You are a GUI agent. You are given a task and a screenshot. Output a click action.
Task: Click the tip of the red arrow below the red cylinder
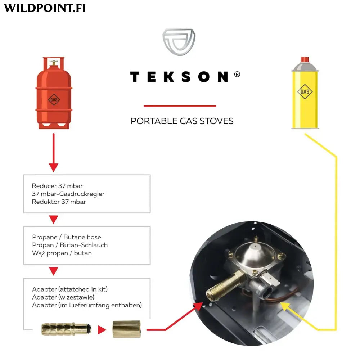pos(54,172)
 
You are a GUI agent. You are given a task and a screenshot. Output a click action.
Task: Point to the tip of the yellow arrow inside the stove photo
pos(280,303)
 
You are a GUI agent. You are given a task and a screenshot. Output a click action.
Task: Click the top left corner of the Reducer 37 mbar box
pos(24,175)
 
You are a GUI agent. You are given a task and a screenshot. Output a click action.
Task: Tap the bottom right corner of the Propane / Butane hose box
pos(150,265)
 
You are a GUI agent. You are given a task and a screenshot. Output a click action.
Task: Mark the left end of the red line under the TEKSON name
pos(144,106)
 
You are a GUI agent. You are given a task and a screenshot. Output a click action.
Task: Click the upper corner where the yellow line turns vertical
pos(336,157)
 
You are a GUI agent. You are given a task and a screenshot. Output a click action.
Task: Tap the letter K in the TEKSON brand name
pos(169,77)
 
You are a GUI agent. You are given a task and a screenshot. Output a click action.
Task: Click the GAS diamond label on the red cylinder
pos(54,100)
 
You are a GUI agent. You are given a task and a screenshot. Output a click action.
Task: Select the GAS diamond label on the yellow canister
pos(305,91)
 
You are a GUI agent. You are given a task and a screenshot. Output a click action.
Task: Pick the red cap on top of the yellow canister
pos(305,59)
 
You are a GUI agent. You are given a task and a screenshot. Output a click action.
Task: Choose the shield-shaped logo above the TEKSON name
pos(179,42)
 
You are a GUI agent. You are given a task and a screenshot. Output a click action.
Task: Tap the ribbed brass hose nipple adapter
pos(66,329)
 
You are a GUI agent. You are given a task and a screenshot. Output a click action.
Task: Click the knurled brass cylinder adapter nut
pos(126,329)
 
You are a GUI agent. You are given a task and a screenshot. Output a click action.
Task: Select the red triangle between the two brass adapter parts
pos(102,330)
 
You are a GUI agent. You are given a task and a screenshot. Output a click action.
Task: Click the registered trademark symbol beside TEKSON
pos(237,74)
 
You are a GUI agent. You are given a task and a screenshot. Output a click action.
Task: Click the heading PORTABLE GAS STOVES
pos(182,121)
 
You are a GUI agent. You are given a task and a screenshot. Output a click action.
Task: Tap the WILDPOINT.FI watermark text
pos(45,8)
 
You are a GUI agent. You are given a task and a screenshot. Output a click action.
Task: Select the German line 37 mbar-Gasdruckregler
pos(68,194)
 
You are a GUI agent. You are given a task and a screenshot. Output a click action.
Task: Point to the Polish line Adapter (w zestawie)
pos(63,297)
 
